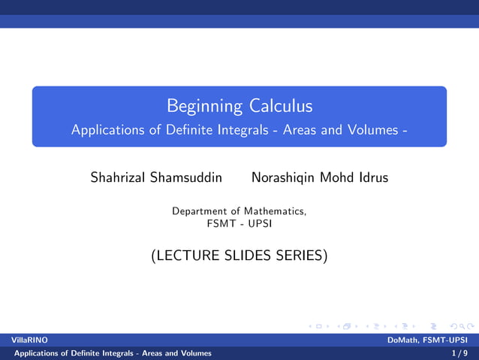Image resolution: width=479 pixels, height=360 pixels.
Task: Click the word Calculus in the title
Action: (x=281, y=106)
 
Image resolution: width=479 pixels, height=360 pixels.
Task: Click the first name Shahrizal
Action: (x=119, y=178)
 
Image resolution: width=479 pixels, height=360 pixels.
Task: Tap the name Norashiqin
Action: (x=284, y=178)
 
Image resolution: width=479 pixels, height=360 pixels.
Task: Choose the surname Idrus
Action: (x=372, y=178)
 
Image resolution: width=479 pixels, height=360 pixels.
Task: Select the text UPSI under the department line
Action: (x=260, y=223)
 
